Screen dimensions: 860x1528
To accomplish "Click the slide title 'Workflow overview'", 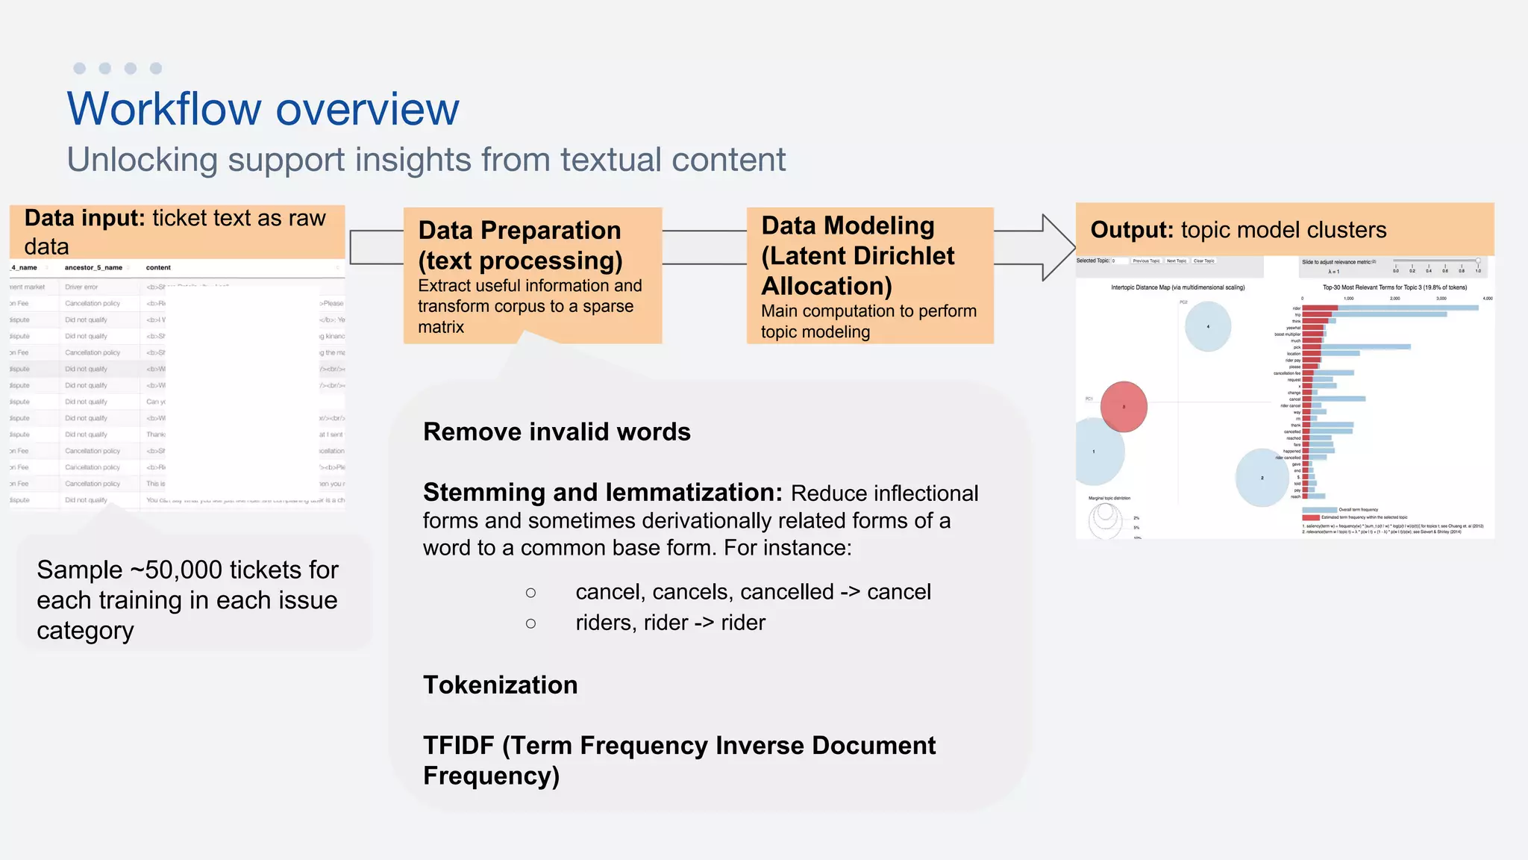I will point(263,109).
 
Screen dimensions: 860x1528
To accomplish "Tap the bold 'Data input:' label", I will point(84,218).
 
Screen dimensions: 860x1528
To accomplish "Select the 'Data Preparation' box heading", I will point(519,230).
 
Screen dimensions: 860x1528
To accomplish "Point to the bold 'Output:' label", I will point(1132,229).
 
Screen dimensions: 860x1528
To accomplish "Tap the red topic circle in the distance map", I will point(1124,407).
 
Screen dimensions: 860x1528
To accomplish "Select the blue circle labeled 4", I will point(1208,326).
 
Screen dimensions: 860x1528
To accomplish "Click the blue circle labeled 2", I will point(1262,478).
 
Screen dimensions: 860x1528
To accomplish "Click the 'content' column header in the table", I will point(158,267).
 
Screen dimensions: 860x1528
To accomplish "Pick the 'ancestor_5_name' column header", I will point(93,267).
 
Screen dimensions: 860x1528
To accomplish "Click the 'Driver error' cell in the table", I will point(81,287).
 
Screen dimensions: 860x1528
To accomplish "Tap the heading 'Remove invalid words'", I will point(557,431).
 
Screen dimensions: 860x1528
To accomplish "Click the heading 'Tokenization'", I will point(500,685).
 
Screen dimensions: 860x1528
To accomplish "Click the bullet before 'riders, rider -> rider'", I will point(530,623).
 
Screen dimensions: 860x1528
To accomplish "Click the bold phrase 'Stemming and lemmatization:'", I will point(602,493).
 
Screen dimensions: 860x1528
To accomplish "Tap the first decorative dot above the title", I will point(80,69).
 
